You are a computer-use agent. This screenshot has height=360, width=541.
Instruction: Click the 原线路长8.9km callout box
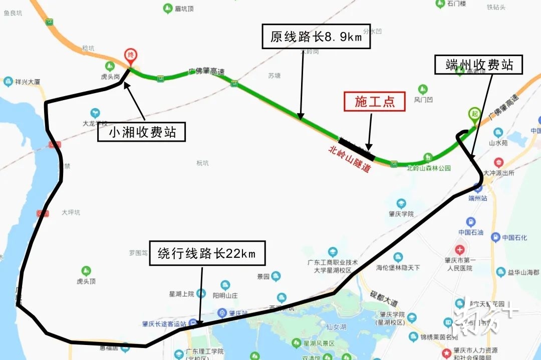316,37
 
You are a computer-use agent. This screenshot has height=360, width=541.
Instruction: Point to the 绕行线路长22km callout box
207,253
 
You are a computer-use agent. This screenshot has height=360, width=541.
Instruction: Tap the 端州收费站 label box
479,65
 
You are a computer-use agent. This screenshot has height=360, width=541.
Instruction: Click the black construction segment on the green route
356,145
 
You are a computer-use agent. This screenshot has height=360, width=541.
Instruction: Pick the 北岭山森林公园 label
429,168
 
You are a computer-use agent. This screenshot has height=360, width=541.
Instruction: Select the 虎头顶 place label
86,281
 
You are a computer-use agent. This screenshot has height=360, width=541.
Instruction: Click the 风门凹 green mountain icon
423,90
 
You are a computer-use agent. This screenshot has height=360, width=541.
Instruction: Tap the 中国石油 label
471,232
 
